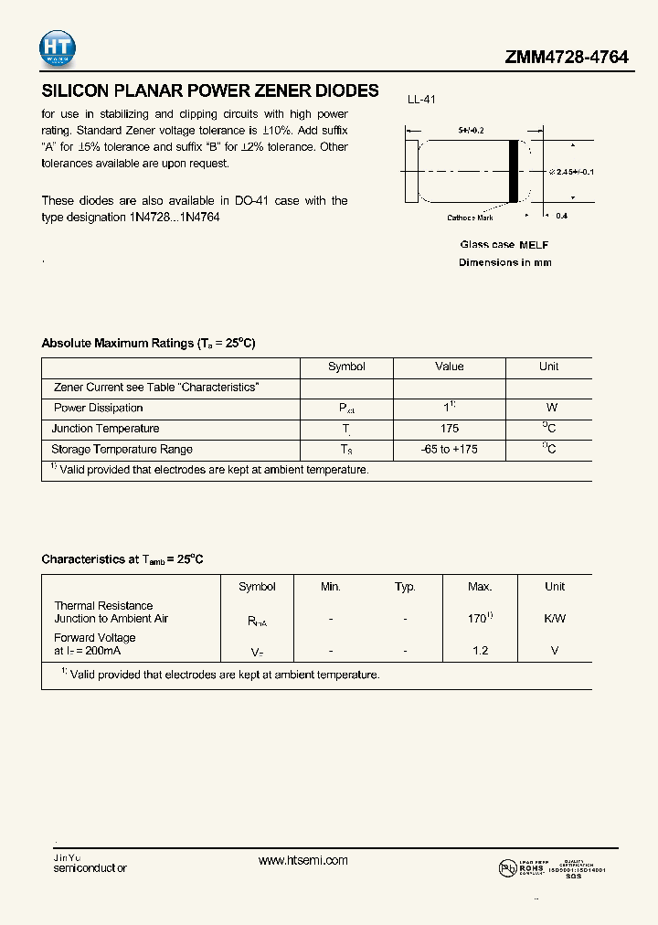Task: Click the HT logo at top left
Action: point(58,49)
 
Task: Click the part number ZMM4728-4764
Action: point(567,57)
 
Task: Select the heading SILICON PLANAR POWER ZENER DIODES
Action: point(210,90)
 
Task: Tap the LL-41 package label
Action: point(420,100)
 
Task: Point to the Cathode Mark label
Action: point(470,218)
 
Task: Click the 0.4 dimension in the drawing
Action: point(561,216)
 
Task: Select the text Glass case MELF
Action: point(504,245)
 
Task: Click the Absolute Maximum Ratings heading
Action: point(148,343)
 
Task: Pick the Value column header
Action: point(449,367)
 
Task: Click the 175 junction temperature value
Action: point(449,429)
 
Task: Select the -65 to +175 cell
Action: point(449,450)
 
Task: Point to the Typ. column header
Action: point(405,587)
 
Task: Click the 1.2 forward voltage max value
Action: point(480,651)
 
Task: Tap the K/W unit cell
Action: point(555,619)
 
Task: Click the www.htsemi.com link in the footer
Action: point(303,860)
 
